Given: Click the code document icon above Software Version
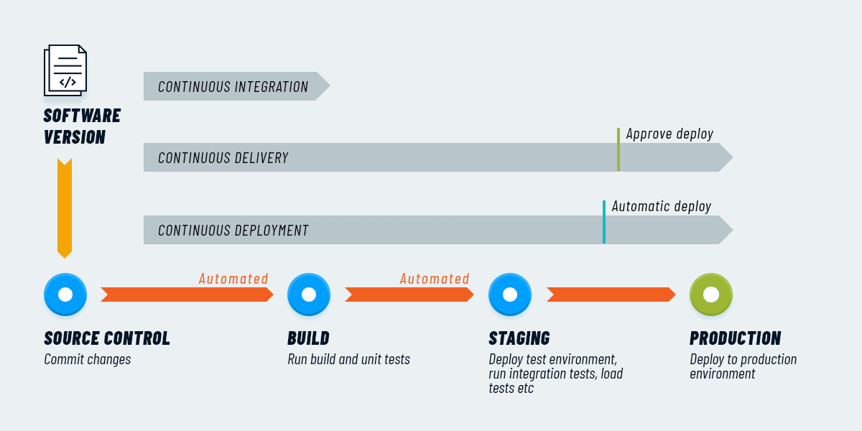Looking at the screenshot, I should tap(65, 70).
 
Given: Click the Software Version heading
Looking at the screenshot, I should tap(82, 126).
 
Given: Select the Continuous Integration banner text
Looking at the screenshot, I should tap(233, 87).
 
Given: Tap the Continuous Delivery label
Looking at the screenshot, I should tap(223, 158).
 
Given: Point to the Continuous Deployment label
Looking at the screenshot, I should tap(233, 231).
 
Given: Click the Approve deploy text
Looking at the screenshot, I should tap(669, 134).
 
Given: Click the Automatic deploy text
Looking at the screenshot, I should tap(661, 206).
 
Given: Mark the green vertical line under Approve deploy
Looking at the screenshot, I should tap(618, 149).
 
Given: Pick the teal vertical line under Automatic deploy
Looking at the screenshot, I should tap(604, 222).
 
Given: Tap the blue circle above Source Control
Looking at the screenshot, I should tap(65, 295).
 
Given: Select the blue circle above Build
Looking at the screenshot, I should tap(309, 295).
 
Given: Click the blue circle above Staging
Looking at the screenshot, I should tap(510, 295).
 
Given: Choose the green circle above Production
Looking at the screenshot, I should tap(711, 295).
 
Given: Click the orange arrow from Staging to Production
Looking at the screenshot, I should tap(611, 295).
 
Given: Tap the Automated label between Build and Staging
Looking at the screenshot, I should tap(435, 279).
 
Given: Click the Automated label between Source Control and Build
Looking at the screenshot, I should tap(233, 279).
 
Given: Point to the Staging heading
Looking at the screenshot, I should tap(519, 338).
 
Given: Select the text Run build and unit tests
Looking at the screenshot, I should tap(348, 359).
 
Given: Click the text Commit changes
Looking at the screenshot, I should tap(88, 359).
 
